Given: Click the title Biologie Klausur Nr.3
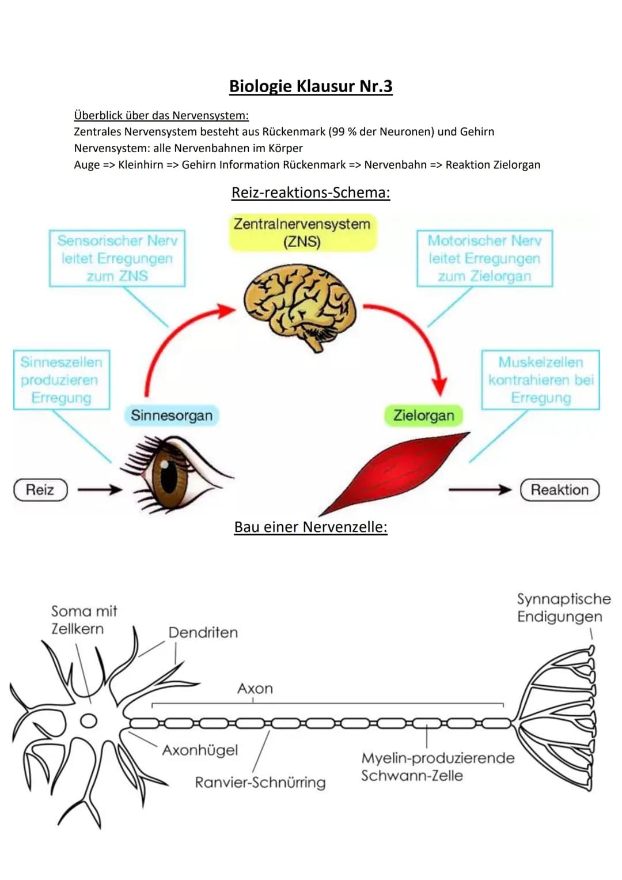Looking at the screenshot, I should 310,86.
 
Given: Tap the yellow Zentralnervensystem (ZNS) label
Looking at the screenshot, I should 302,232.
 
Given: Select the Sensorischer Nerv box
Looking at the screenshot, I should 117,258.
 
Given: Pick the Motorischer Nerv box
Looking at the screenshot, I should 484,258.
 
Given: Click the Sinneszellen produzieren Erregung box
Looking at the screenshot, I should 61,380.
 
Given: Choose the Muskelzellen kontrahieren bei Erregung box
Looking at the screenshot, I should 540,380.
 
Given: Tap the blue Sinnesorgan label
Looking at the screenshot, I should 171,416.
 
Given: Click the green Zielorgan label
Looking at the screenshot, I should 423,416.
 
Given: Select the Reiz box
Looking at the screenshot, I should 40,490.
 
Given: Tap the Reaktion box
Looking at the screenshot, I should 559,490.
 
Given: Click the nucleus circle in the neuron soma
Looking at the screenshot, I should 88,720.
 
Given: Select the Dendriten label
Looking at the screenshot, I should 203,633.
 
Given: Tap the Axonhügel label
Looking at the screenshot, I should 200,750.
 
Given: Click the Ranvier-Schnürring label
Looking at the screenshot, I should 260,783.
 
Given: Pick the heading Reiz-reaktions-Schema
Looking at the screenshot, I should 310,192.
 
